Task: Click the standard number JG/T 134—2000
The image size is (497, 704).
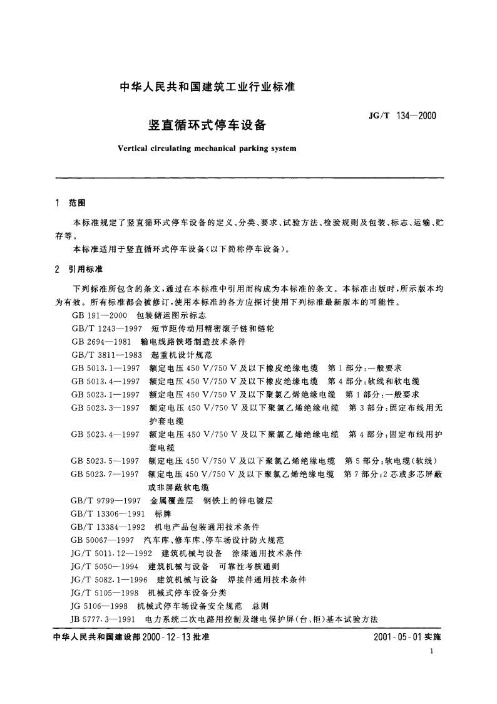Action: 402,117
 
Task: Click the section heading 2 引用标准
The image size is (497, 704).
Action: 79,269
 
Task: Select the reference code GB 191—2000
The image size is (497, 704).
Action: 100,315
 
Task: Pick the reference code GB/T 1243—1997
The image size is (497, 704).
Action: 108,328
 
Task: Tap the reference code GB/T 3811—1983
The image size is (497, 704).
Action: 108,354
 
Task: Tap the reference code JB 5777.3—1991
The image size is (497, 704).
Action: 105,618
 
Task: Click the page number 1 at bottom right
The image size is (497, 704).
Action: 433,652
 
